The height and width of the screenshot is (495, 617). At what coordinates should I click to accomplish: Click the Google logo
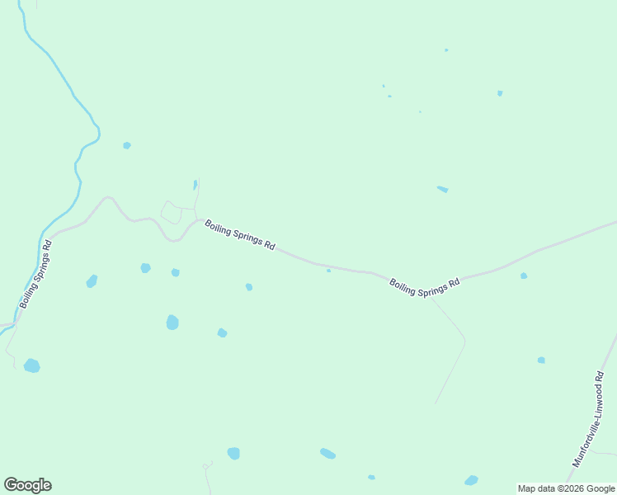tap(27, 485)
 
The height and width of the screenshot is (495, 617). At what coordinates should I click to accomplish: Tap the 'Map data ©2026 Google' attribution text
tap(567, 488)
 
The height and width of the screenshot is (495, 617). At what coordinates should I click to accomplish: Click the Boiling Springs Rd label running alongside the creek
tap(36, 274)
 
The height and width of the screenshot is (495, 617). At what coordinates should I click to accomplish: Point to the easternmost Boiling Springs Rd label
tap(424, 286)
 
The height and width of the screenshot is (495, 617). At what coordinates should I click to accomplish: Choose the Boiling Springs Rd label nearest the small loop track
tap(239, 234)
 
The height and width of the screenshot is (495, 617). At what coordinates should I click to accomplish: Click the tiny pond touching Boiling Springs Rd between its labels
tap(328, 270)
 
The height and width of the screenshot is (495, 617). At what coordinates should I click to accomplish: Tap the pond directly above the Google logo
tap(31, 365)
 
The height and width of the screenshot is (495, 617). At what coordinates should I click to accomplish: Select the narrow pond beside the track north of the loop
tap(195, 185)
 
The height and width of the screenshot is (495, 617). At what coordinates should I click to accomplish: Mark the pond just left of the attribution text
tap(471, 480)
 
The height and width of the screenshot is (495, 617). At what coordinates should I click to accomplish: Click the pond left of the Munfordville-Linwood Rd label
tap(541, 360)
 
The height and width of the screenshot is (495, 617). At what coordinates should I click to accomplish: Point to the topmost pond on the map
tap(446, 49)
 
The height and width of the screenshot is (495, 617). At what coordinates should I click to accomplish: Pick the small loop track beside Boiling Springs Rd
tap(171, 213)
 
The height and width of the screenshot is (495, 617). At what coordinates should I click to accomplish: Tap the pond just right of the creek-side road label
tap(92, 281)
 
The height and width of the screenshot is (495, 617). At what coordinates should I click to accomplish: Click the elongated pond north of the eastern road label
tap(442, 189)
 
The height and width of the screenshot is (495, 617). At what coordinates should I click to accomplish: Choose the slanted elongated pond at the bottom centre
tap(327, 453)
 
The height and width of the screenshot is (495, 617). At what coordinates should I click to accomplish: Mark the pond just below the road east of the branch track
tap(524, 276)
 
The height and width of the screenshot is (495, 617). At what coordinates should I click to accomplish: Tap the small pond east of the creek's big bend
tap(127, 145)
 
